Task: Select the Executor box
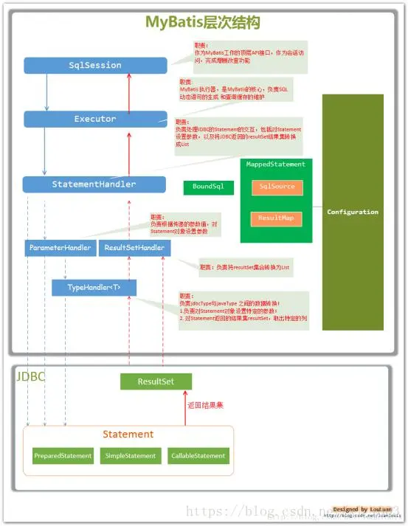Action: pos(95,119)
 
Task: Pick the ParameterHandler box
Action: pos(60,248)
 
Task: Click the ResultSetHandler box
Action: pos(134,248)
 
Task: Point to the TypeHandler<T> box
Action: pos(94,287)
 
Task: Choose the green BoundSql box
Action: pos(208,187)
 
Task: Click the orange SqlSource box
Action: pos(277,187)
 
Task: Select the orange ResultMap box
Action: pos(277,218)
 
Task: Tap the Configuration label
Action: pos(353,212)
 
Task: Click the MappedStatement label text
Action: pos(275,164)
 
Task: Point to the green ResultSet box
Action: pos(156,381)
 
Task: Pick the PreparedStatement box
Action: pos(63,456)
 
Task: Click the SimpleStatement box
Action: pos(130,456)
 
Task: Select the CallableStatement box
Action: pos(198,456)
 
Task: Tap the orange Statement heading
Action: pos(128,435)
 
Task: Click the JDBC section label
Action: pos(30,376)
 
